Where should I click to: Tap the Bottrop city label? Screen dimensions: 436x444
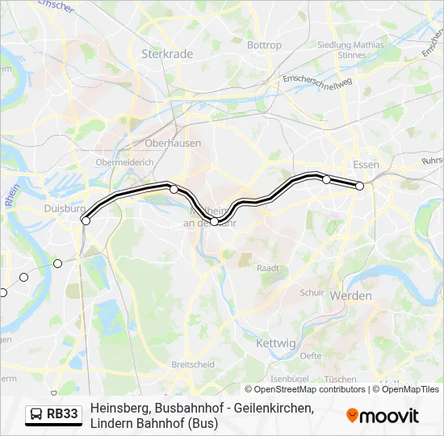(264, 45)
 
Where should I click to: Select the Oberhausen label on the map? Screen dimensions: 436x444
(173, 143)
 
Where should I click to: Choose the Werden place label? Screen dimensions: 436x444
(351, 296)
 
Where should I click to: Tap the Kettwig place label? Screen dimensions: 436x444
(275, 343)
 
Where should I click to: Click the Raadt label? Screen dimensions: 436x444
(267, 267)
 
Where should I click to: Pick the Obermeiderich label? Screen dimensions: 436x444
(124, 161)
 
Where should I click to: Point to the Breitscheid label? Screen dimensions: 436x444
(192, 364)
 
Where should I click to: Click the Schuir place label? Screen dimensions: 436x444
(312, 292)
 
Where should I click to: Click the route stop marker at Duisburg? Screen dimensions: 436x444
(86, 220)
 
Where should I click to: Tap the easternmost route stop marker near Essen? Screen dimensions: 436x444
(360, 187)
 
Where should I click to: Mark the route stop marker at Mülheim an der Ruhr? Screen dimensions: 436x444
(215, 221)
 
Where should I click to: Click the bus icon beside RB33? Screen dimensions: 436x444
(36, 415)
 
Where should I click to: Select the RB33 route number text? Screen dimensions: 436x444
(63, 415)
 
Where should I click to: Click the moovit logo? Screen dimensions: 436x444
(383, 416)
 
